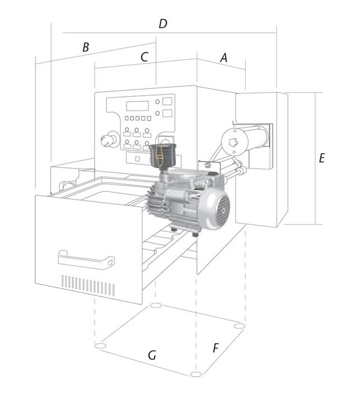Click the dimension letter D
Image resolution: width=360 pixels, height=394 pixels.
point(163,24)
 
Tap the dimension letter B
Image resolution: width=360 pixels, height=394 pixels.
point(85,47)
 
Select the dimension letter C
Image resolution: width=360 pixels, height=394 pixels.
point(144,57)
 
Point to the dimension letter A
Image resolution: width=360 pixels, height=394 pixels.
point(224,57)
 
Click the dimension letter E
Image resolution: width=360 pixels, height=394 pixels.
point(322,159)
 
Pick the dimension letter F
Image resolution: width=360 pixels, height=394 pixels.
point(215,348)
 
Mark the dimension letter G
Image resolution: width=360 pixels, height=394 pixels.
point(151,356)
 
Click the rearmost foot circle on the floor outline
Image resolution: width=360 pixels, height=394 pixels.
point(157,306)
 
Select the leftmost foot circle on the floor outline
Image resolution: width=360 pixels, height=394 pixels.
point(101,345)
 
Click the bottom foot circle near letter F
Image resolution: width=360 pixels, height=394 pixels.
point(195,374)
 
